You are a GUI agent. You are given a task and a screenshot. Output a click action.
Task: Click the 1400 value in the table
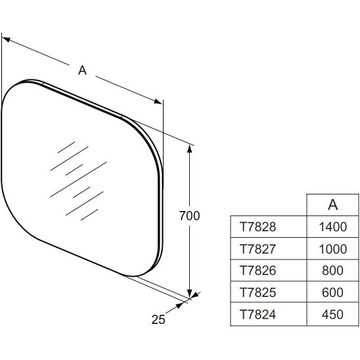(332, 227)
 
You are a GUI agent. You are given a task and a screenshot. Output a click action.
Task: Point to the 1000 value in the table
(332, 249)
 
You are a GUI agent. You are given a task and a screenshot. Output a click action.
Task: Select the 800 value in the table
(332, 271)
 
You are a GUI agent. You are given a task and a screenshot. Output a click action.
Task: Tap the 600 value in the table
(332, 292)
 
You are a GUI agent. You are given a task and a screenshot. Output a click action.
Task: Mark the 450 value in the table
(332, 314)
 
